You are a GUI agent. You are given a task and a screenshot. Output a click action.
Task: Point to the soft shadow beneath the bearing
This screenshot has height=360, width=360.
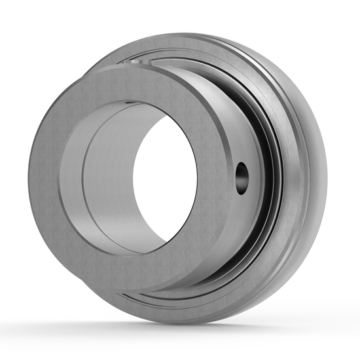point(196,331)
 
